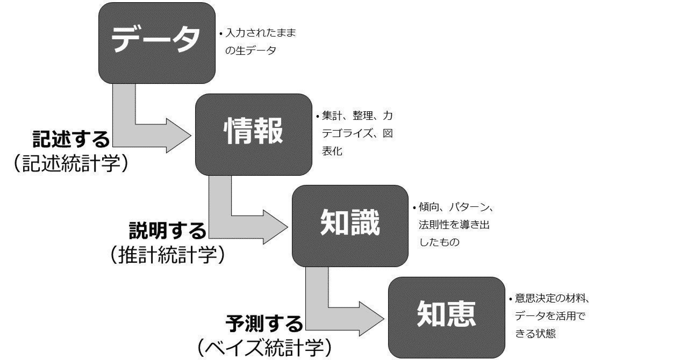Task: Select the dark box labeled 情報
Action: pyautogui.click(x=253, y=134)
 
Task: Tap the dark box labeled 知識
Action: pyautogui.click(x=350, y=226)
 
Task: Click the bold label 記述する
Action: pyautogui.click(x=71, y=139)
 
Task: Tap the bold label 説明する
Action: pyautogui.click(x=168, y=231)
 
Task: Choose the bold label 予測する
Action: pyautogui.click(x=264, y=323)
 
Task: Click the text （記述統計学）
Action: pyautogui.click(x=71, y=163)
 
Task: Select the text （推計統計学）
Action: pyautogui.click(x=168, y=255)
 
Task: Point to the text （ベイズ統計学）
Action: pyautogui.click(x=264, y=348)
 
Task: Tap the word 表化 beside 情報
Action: pyautogui.click(x=332, y=152)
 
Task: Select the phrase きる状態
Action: pyautogui.click(x=535, y=334)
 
